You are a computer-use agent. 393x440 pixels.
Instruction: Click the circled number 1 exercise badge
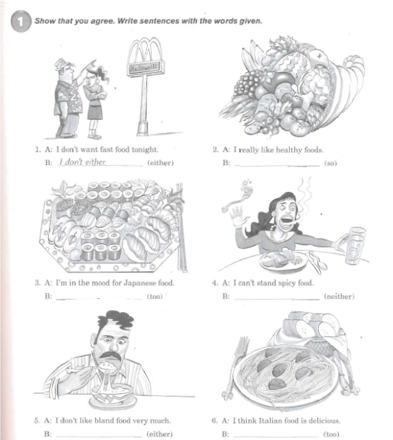point(21,21)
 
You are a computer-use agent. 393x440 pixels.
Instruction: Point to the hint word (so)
point(330,163)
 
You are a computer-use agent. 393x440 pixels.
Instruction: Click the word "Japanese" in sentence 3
point(139,283)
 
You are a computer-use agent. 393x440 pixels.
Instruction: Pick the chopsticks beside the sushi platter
point(181,228)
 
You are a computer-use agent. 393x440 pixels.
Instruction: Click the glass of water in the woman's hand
point(355,246)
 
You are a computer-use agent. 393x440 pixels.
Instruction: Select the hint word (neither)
point(339,296)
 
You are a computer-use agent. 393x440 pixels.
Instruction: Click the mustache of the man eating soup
point(111,355)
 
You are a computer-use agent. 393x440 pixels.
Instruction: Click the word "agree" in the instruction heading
point(102,21)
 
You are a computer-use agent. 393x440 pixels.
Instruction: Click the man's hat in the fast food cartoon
point(64,64)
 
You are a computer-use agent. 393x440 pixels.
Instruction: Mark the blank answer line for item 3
point(100,299)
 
